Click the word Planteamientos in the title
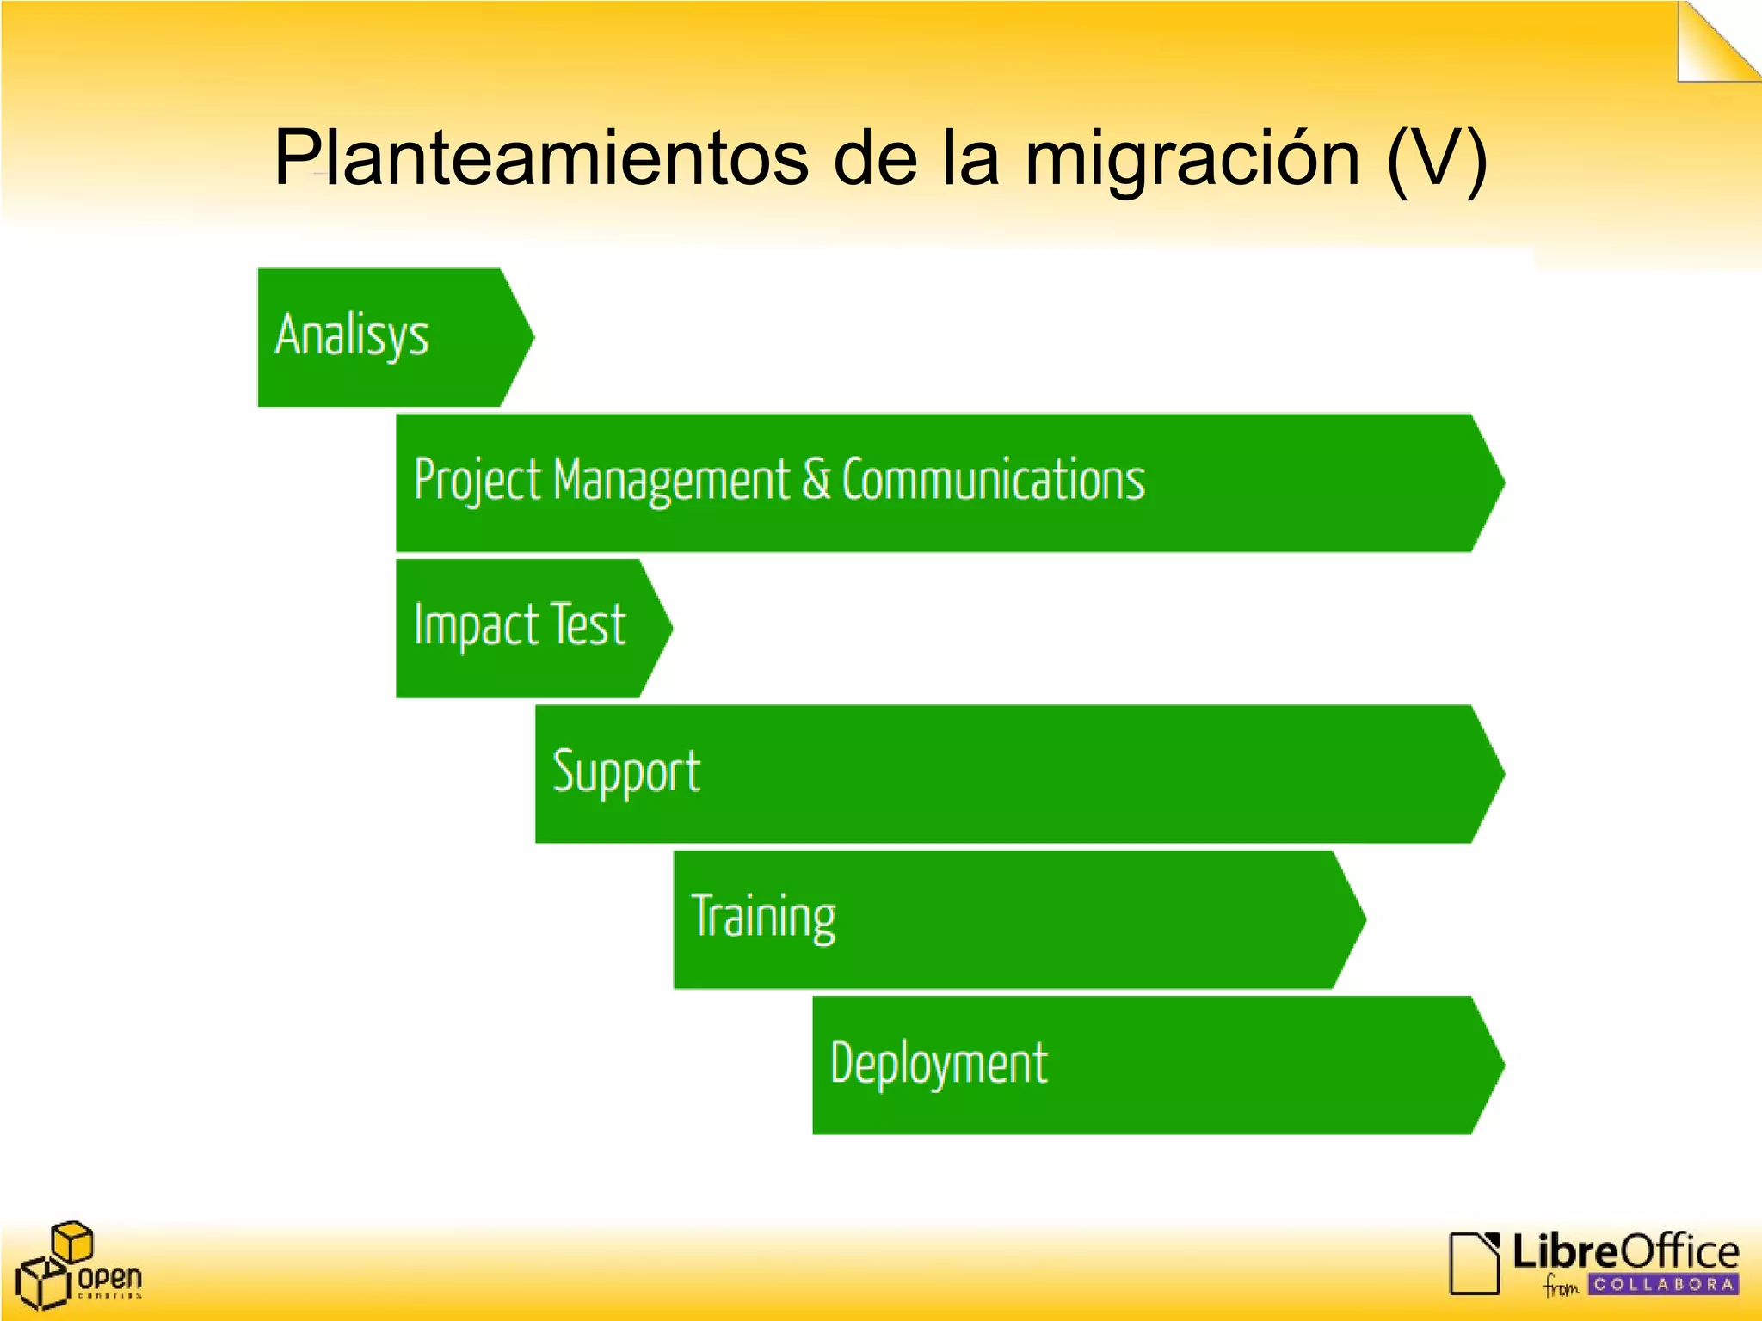tap(540, 158)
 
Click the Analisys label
tap(351, 335)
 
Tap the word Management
tap(671, 480)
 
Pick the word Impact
tap(476, 625)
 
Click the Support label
tap(626, 771)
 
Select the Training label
tap(763, 918)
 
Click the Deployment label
tap(939, 1064)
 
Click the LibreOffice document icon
tap(1474, 1263)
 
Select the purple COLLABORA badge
tap(1662, 1284)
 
